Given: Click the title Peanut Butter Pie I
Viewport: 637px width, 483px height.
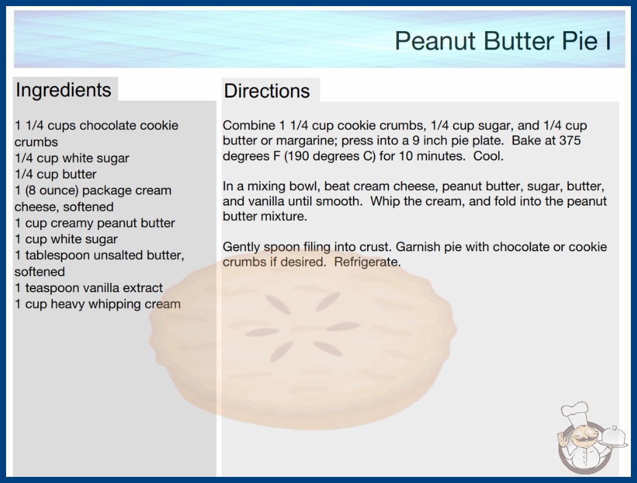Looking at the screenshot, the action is point(503,41).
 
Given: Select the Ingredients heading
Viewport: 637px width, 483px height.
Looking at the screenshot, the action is point(63,90).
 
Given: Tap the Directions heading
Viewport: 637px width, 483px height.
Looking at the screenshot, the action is point(267,91).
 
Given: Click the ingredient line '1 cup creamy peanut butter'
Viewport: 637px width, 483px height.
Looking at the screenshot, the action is point(94,223).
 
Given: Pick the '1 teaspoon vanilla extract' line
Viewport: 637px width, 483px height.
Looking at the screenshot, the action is point(88,288).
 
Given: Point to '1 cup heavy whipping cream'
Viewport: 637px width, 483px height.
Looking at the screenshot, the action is point(97,304).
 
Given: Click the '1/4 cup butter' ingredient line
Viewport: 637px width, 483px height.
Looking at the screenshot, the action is point(55,174).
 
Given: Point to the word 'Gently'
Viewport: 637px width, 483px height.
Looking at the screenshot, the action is point(241,247).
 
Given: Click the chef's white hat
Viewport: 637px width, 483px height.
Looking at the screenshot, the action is point(575,412).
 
